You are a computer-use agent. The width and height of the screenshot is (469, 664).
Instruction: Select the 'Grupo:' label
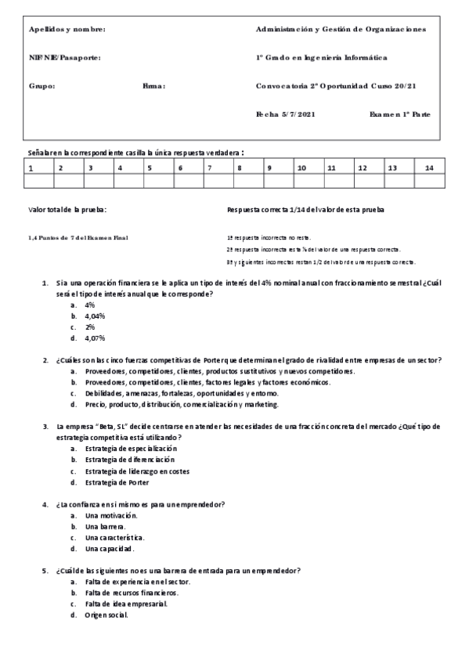tap(41, 86)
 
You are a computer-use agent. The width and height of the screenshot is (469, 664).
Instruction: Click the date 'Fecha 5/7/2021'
tap(285, 114)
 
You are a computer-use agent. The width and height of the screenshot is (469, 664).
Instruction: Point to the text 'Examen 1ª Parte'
tap(399, 114)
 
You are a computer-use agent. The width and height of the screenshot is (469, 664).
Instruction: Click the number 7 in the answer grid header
tap(209, 168)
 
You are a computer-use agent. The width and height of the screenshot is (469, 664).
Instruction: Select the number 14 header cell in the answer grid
tap(428, 168)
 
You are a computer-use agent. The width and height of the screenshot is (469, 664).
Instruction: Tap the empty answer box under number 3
tap(99, 182)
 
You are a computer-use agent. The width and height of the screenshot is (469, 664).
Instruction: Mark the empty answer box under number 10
tap(308, 182)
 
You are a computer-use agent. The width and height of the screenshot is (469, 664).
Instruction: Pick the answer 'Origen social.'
tap(107, 615)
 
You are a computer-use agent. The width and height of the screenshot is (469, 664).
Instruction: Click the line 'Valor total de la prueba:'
tap(67, 210)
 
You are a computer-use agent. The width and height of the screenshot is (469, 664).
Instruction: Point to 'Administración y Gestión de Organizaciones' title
tap(341, 30)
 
